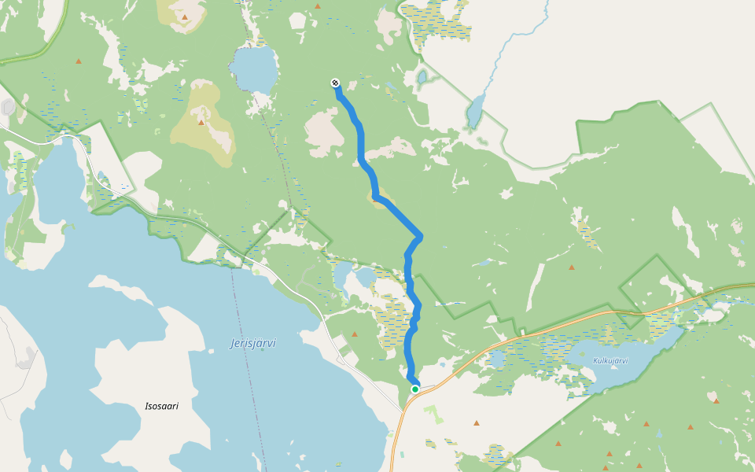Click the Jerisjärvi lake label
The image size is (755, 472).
tap(252, 344)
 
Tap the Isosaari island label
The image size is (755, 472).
tap(162, 407)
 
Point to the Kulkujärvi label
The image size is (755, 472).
tap(610, 361)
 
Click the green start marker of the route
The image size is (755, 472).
tap(415, 389)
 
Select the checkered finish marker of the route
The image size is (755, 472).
tap(335, 83)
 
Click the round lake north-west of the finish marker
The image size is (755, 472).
tap(255, 69)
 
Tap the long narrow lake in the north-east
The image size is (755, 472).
tap(474, 112)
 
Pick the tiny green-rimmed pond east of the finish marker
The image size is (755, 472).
tap(422, 77)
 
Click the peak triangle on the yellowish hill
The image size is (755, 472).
tap(201, 122)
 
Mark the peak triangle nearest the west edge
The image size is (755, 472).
tap(79, 61)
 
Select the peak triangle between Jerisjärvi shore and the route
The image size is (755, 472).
tap(355, 334)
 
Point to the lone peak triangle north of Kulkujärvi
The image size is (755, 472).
tap(571, 267)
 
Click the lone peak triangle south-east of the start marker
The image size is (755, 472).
tap(476, 423)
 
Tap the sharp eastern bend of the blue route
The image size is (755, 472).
tap(420, 236)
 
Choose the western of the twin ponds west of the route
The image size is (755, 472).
tap(343, 275)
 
